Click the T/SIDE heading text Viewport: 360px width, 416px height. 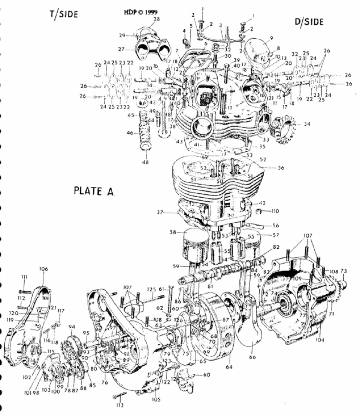(64, 14)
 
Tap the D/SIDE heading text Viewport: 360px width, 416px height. (309, 22)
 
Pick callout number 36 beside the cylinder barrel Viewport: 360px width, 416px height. (281, 168)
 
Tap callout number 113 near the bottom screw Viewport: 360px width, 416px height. (120, 405)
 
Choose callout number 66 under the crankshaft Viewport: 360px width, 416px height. (252, 357)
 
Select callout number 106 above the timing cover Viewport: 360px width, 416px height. (44, 269)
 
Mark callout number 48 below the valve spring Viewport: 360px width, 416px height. (145, 162)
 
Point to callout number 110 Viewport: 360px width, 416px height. (275, 211)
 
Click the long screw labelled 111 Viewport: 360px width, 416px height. (25, 291)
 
